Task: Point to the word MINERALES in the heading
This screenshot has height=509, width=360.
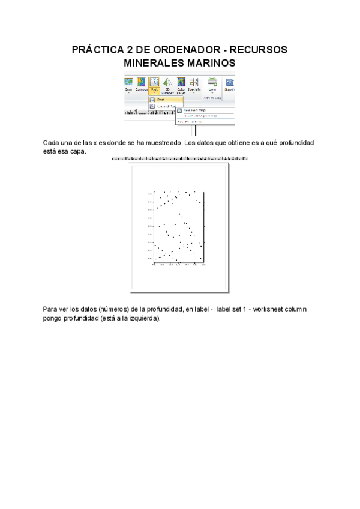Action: pos(157,62)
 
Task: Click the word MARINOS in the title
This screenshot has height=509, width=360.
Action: pos(213,62)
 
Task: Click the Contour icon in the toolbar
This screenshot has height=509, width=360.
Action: pos(142,84)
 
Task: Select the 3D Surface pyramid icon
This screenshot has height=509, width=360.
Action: pos(167,84)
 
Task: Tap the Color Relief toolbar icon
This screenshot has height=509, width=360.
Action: pos(181,84)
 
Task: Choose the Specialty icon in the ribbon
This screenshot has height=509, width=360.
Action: pos(194,84)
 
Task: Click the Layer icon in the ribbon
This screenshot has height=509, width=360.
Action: pos(212,84)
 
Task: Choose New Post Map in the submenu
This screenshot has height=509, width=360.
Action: pos(194,110)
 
